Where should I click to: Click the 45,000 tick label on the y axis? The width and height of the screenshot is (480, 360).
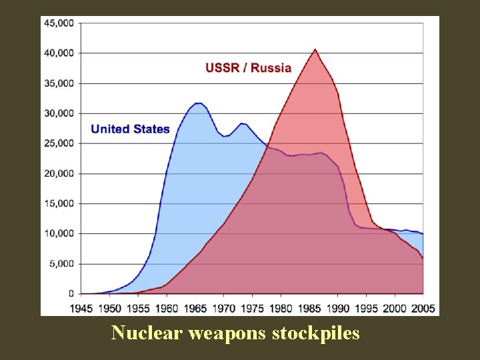coord(59,23)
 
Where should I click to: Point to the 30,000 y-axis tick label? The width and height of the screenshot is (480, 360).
coord(59,113)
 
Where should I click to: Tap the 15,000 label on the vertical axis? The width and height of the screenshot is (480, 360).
coord(59,203)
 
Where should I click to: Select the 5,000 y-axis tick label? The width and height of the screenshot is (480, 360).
coord(62,263)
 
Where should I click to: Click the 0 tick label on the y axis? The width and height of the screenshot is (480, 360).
coord(71,294)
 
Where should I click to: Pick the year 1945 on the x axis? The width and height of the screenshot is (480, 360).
coord(81,308)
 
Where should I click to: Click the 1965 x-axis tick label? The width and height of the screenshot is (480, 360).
coord(195,308)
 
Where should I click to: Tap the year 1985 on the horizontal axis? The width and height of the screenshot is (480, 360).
coord(309,308)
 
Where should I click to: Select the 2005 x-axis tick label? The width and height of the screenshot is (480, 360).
coord(423,308)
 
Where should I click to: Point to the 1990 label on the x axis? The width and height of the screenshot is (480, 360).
coord(338,308)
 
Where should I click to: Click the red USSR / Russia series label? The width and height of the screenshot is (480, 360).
coord(248,67)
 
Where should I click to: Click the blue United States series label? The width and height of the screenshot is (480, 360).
coord(130,129)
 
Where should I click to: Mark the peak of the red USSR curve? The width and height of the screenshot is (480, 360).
coord(315,49)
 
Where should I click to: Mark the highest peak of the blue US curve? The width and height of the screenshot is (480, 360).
coord(198,103)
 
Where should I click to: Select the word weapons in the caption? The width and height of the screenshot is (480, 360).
coord(227,332)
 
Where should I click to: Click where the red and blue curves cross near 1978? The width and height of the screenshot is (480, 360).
coord(267,147)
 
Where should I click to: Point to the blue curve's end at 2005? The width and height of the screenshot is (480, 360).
coord(423,234)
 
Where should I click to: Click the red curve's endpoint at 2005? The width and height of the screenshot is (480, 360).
coord(423,258)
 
